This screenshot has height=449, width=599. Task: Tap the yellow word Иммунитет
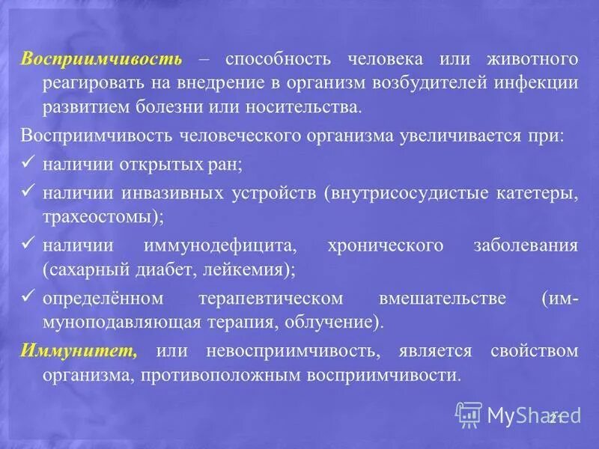pos(79,351)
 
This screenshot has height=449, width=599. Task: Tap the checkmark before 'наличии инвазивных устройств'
pos(29,193)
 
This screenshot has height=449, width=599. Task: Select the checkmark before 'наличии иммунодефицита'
pos(29,245)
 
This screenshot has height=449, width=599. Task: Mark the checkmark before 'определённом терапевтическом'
pos(29,297)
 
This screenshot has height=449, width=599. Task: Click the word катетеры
pos(538,194)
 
